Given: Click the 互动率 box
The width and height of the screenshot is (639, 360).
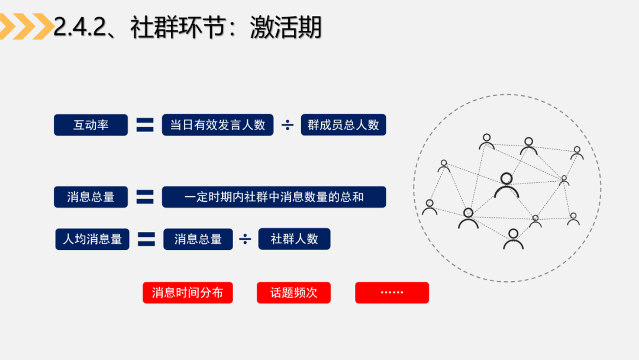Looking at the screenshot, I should (91, 125).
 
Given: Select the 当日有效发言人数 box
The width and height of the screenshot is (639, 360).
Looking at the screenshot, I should (218, 125).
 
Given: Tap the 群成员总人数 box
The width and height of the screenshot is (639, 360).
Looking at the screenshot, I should (343, 125).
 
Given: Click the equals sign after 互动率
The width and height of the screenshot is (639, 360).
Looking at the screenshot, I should (145, 125).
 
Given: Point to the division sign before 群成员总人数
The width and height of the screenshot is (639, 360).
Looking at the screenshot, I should (288, 125).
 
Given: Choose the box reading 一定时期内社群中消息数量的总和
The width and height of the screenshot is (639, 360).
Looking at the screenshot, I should (274, 197).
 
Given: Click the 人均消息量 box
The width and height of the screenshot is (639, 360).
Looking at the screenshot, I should (92, 239).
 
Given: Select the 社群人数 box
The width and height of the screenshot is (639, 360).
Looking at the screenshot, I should (294, 239).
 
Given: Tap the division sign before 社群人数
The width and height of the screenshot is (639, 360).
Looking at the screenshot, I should (245, 239).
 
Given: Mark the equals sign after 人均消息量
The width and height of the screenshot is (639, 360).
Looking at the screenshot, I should (146, 239).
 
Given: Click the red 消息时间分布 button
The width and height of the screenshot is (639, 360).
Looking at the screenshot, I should (188, 292).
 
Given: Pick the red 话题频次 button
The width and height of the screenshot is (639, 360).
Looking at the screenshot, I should (293, 292).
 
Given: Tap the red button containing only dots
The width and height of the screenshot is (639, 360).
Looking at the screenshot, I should (392, 292).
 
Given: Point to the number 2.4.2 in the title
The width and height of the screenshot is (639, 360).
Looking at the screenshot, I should (80, 27).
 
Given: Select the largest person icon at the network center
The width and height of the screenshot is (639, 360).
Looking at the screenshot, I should (506, 185).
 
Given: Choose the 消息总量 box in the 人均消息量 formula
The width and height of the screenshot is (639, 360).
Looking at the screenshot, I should (198, 239).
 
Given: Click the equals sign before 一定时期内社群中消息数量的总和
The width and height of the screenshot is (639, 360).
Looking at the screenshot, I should (145, 197).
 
